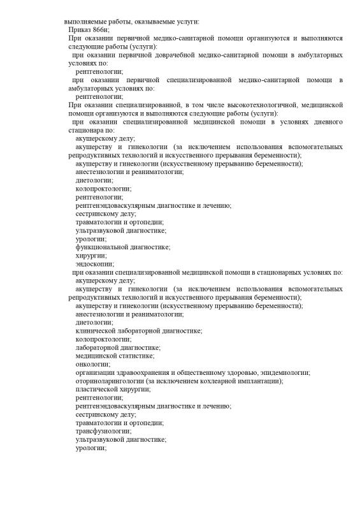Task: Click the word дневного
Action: [326, 121]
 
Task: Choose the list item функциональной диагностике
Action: [122, 246]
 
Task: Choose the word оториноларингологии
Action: [110, 380]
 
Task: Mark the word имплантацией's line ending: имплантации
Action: [261, 380]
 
